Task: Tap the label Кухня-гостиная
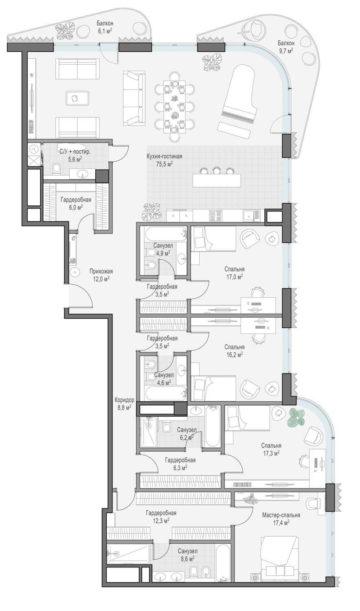tap(165, 156)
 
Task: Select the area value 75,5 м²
tap(165, 164)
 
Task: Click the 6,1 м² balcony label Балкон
tap(105, 24)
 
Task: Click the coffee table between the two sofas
tap(77, 98)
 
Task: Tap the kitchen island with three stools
tap(217, 180)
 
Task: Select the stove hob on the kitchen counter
tap(215, 216)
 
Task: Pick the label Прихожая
tap(101, 271)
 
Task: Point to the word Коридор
tap(124, 400)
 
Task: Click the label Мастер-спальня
tap(281, 515)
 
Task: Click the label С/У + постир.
tap(75, 152)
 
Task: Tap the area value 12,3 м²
tap(161, 521)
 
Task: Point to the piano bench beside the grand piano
tap(234, 130)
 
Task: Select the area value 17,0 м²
tap(234, 277)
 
